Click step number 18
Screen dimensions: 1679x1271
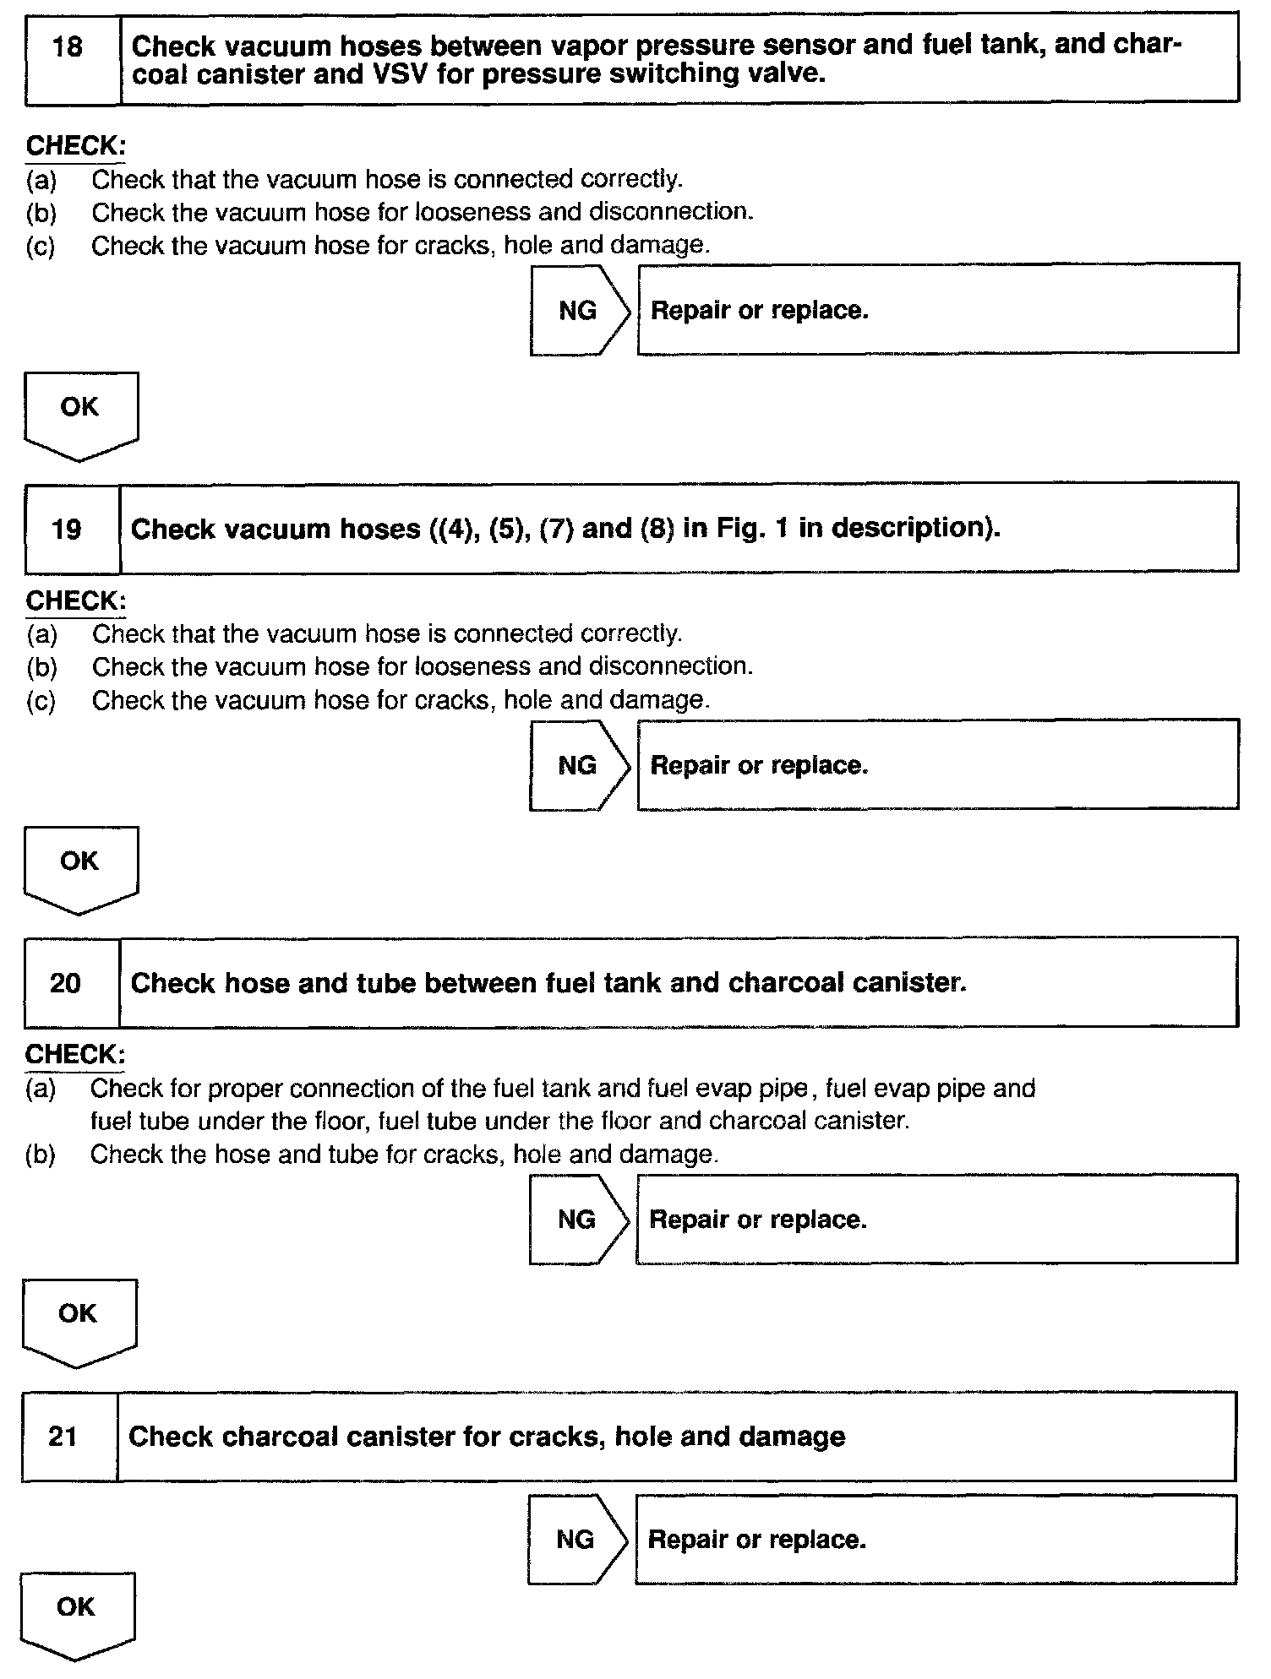(x=68, y=46)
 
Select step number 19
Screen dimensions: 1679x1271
(x=66, y=530)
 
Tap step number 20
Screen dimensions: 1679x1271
(x=65, y=983)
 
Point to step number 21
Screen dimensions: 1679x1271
(x=63, y=1437)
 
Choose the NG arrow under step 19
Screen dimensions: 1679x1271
(x=579, y=765)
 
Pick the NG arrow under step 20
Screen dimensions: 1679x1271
(x=578, y=1220)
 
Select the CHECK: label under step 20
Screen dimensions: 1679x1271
(x=75, y=1054)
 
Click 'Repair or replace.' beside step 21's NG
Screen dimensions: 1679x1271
(x=757, y=1539)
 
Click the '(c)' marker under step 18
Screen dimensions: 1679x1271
(x=41, y=247)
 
